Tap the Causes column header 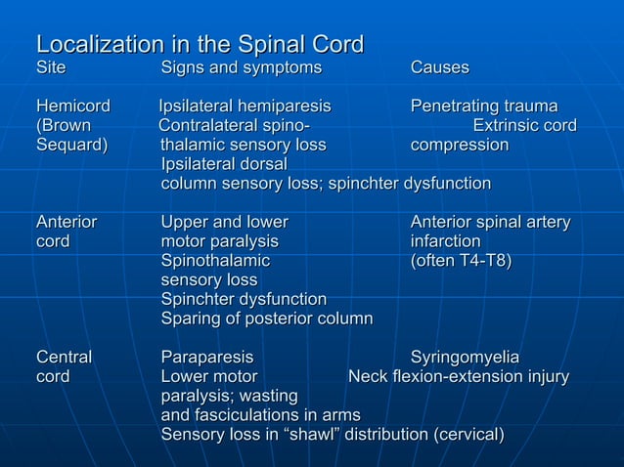pyautogui.click(x=439, y=67)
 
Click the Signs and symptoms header pyautogui.click(x=241, y=67)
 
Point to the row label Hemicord pyautogui.click(x=73, y=106)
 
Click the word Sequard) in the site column pyautogui.click(x=72, y=145)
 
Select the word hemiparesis pyautogui.click(x=285, y=106)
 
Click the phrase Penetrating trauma pyautogui.click(x=484, y=106)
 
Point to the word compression pyautogui.click(x=460, y=145)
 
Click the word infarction pyautogui.click(x=445, y=240)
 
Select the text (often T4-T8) pyautogui.click(x=461, y=260)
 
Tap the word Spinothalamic pyautogui.click(x=215, y=260)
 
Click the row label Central pyautogui.click(x=65, y=357)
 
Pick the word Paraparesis pyautogui.click(x=206, y=357)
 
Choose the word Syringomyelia pyautogui.click(x=465, y=357)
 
